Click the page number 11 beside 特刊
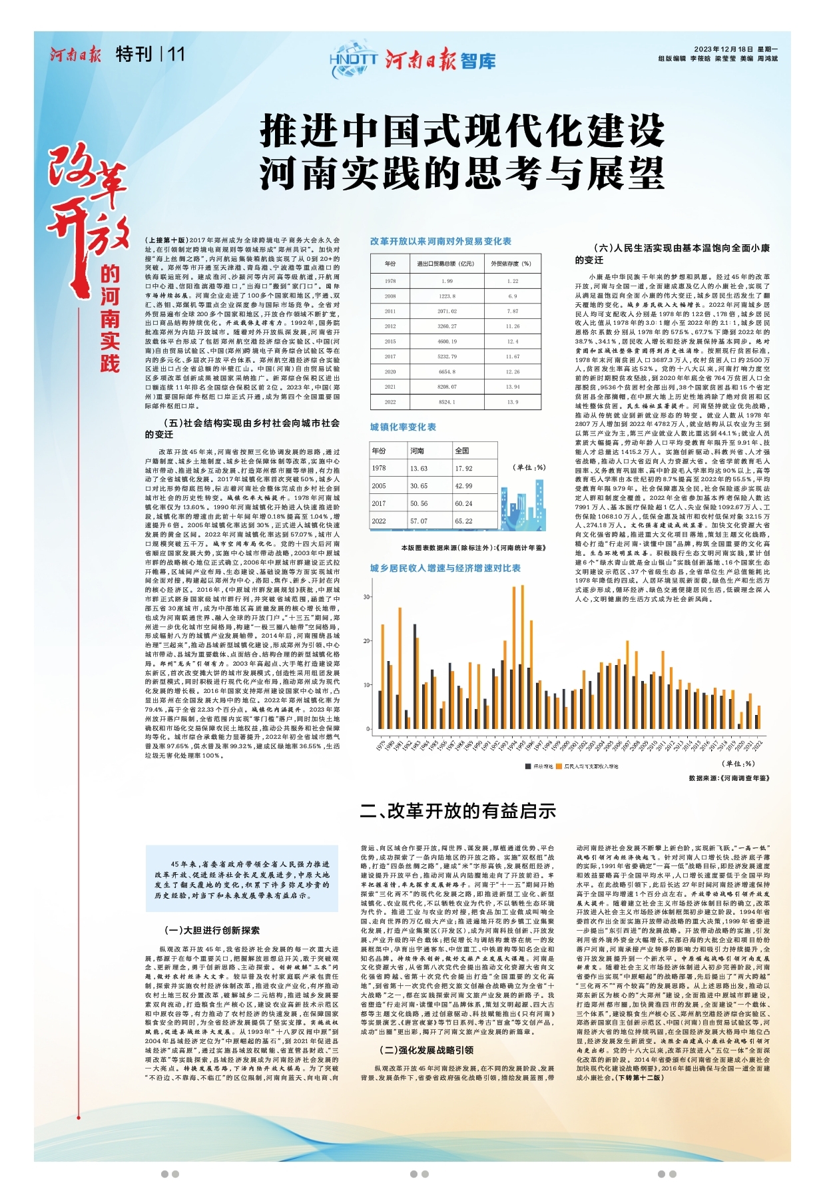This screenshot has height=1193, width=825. pyautogui.click(x=176, y=55)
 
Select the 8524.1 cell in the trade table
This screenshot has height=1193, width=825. pyautogui.click(x=447, y=402)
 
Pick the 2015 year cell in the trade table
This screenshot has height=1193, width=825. pyautogui.click(x=390, y=342)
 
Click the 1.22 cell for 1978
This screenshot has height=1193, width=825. pyautogui.click(x=512, y=281)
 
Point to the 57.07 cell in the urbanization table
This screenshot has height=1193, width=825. pyautogui.click(x=419, y=521)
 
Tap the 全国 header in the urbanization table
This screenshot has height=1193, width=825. pyautogui.click(x=462, y=451)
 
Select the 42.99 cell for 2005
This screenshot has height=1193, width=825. pyautogui.click(x=464, y=486)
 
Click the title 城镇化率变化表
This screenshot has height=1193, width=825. pyautogui.click(x=403, y=427)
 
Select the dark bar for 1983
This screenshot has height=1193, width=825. pyautogui.click(x=415, y=676)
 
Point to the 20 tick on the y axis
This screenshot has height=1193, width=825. pyautogui.click(x=366, y=641)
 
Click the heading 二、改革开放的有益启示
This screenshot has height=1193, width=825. pyautogui.click(x=458, y=811)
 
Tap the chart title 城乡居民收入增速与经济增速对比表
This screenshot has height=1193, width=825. pyautogui.click(x=445, y=568)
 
